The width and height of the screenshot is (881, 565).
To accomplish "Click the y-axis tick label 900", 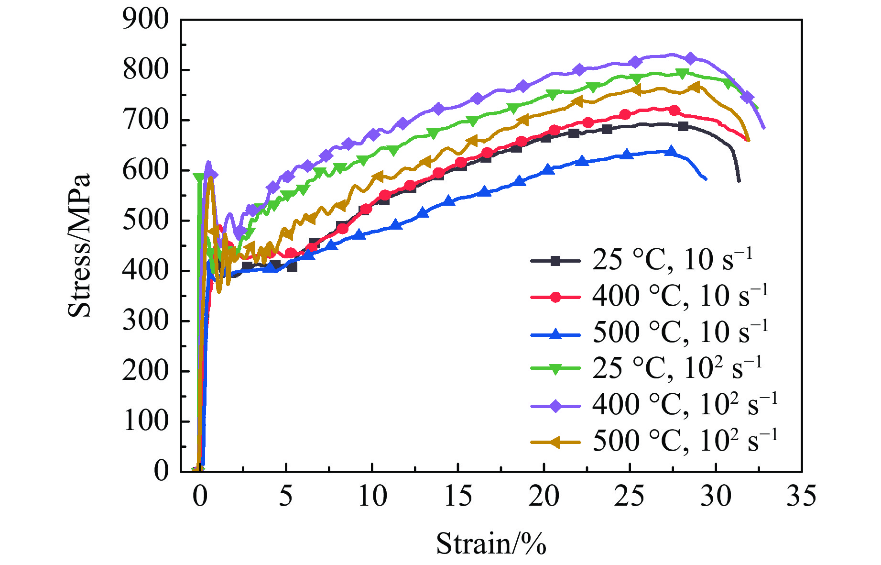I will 146,20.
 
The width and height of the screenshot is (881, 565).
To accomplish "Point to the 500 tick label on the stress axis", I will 146,221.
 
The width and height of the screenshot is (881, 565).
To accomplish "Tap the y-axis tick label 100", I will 146,421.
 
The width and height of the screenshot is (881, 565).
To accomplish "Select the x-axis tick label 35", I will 801,496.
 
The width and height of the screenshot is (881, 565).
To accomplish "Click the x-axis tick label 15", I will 457,496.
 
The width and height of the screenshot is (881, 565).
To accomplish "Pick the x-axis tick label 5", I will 285,496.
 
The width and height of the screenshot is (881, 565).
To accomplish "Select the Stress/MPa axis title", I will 79,245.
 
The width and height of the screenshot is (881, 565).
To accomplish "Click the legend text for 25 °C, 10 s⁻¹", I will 672,260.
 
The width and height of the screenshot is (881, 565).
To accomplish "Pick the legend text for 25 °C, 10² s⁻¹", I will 676,368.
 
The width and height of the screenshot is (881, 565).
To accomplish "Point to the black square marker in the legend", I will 555,261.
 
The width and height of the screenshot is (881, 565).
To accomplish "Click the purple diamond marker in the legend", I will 555,406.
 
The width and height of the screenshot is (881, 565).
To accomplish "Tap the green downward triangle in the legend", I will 555,369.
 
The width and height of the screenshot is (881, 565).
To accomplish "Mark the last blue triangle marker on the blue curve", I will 671,152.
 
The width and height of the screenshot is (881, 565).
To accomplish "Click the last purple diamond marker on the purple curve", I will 747,97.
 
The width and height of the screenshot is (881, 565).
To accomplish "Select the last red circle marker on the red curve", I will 674,111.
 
